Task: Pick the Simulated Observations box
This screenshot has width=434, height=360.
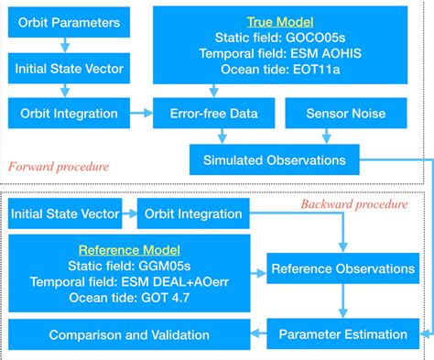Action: pos(274,159)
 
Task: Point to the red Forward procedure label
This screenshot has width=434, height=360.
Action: pos(58,167)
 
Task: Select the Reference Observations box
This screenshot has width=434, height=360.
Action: pos(342,269)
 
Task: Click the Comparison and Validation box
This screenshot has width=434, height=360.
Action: pos(129,333)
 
